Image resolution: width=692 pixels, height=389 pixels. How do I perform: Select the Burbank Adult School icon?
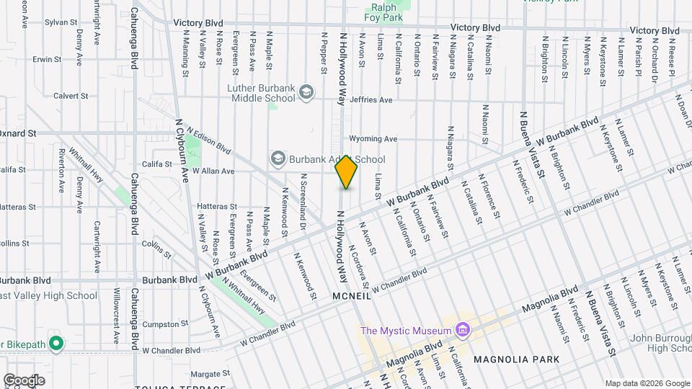point(278,158)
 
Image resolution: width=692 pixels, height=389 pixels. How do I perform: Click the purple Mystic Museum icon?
point(463,331)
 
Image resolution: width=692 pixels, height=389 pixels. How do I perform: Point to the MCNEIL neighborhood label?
point(352,296)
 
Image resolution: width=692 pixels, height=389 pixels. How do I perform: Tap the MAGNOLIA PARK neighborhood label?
point(516,359)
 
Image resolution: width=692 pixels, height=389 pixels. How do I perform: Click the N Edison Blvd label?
point(208,141)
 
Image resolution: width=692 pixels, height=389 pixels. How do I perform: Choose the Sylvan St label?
point(61,23)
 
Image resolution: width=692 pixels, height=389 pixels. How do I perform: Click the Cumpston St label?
point(165,324)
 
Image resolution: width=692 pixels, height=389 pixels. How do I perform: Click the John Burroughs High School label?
point(660,343)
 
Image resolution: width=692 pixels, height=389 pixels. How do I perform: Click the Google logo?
point(24,380)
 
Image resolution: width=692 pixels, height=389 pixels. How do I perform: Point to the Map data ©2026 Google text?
point(646,383)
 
